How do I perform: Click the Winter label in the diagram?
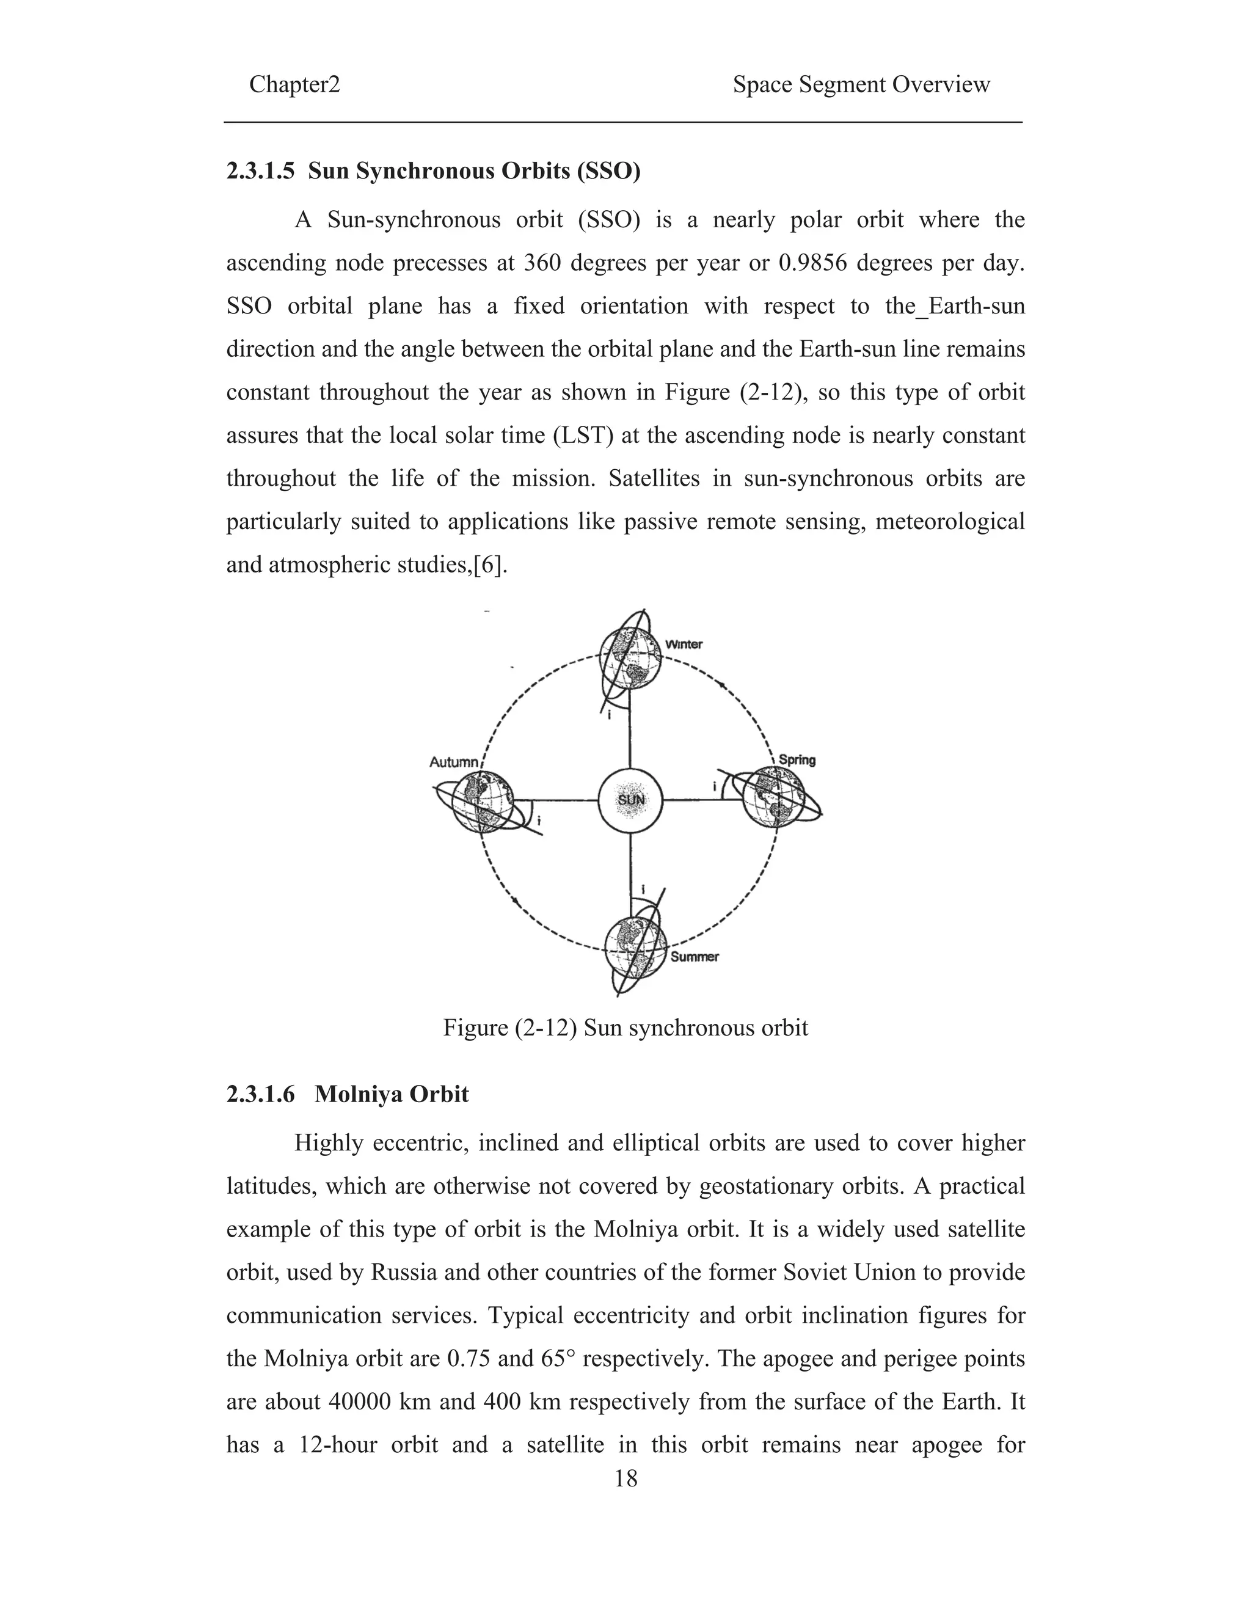tap(684, 644)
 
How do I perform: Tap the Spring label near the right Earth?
tap(797, 760)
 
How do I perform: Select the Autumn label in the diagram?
tap(454, 762)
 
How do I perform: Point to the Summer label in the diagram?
tap(695, 957)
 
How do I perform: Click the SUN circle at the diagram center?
tap(630, 800)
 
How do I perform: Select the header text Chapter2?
tap(294, 84)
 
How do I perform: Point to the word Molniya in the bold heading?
tap(358, 1094)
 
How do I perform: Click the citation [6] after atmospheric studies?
tap(491, 565)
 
